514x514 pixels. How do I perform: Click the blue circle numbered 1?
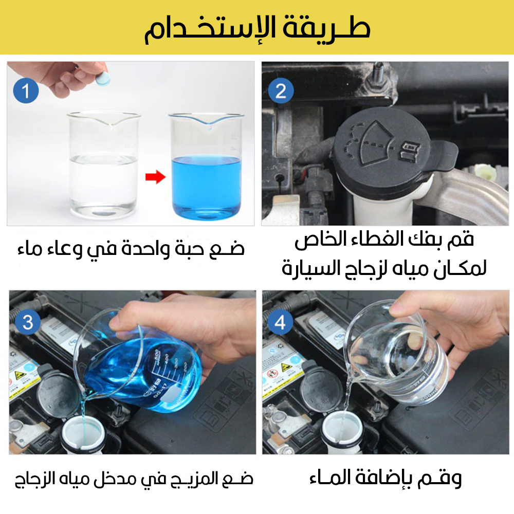click(26, 91)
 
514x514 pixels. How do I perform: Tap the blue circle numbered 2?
click(281, 91)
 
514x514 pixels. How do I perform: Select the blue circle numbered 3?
click(28, 322)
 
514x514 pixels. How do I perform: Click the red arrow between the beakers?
click(155, 177)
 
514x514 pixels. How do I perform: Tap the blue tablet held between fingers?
click(103, 79)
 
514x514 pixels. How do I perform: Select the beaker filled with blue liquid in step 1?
click(206, 167)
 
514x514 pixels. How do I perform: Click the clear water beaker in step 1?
click(104, 163)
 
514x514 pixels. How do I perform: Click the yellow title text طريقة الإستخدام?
click(258, 29)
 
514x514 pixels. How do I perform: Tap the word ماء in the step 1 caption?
click(29, 249)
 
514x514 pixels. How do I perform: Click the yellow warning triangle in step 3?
click(21, 375)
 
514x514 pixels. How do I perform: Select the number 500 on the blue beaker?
click(157, 355)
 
